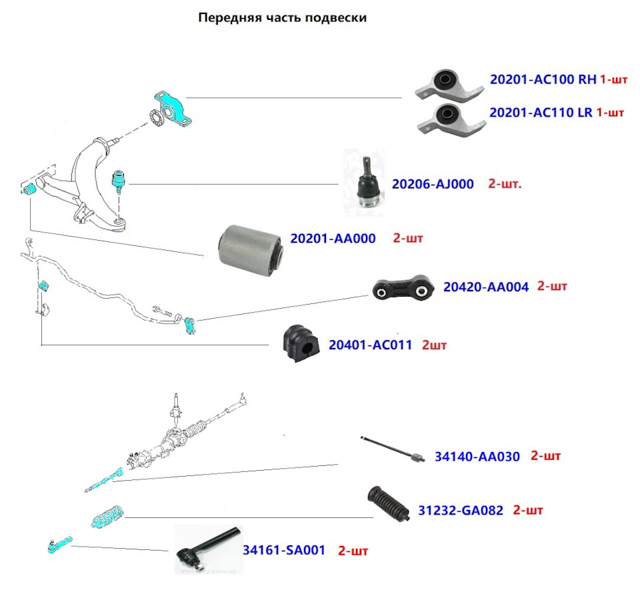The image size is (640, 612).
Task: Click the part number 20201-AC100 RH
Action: pyautogui.click(x=543, y=79)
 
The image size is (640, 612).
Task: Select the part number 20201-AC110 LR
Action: pyautogui.click(x=541, y=113)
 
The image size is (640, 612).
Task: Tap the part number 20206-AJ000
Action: pyautogui.click(x=433, y=184)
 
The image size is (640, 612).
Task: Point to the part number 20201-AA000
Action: pyautogui.click(x=333, y=238)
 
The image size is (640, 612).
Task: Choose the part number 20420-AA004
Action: pyautogui.click(x=485, y=287)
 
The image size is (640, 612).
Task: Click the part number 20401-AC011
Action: pyautogui.click(x=370, y=345)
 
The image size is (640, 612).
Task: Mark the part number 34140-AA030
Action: pyautogui.click(x=477, y=457)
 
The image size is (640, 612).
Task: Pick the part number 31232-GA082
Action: pyautogui.click(x=461, y=511)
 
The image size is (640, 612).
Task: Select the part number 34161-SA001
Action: pyautogui.click(x=283, y=551)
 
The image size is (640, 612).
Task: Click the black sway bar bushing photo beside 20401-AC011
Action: pyautogui.click(x=299, y=345)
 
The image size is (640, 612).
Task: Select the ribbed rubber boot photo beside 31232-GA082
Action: pyautogui.click(x=387, y=505)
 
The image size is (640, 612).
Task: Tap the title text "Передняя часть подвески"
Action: pyautogui.click(x=283, y=18)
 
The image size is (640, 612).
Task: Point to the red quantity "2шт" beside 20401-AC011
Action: pyautogui.click(x=434, y=345)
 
